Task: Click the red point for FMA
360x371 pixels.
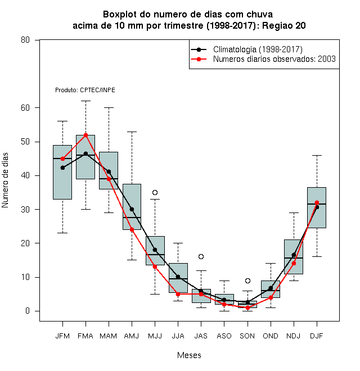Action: [85, 135]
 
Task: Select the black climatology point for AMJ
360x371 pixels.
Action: [132, 209]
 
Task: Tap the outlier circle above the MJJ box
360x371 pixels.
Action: [155, 192]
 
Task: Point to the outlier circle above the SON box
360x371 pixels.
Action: [247, 280]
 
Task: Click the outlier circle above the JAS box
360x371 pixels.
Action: [201, 256]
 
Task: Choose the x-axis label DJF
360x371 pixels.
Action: [317, 336]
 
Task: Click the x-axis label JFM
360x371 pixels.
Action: [62, 336]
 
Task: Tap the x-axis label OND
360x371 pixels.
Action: [271, 336]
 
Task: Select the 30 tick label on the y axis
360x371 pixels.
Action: [25, 210]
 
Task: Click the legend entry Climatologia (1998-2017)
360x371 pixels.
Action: [258, 49]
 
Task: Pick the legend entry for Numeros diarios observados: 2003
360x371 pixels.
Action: [274, 59]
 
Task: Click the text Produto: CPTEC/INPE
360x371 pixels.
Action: [85, 90]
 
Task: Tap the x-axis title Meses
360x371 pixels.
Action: [189, 355]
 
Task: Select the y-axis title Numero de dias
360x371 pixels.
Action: [5, 180]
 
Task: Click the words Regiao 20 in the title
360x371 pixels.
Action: [283, 25]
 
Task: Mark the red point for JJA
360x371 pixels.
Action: [178, 294]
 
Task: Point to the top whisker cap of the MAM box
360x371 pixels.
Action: [109, 108]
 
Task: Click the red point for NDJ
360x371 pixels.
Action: [294, 263]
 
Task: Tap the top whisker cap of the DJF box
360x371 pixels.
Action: [317, 156]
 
